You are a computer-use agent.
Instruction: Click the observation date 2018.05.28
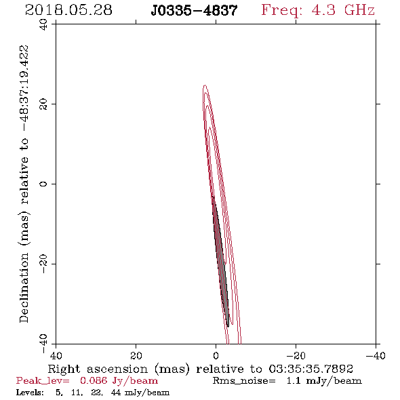click(x=68, y=10)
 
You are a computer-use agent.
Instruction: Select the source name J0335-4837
click(x=194, y=10)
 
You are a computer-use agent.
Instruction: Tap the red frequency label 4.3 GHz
click(x=318, y=10)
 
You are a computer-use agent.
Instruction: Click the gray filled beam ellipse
click(x=220, y=262)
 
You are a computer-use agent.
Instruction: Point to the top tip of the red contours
click(x=205, y=85)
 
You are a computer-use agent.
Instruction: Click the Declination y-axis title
click(x=24, y=184)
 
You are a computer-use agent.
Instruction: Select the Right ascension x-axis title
click(x=200, y=369)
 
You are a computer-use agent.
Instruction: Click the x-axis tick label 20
click(x=136, y=355)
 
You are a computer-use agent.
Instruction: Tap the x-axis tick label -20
click(x=296, y=355)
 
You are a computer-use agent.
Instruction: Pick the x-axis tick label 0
click(x=216, y=355)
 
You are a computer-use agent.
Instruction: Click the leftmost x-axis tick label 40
click(x=56, y=355)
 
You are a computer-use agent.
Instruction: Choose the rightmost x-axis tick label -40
click(x=376, y=355)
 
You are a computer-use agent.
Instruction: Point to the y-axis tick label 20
click(x=43, y=104)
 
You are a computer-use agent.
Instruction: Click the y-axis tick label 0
click(x=43, y=184)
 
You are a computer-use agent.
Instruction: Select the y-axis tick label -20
click(x=43, y=264)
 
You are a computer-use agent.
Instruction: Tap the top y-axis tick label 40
click(x=43, y=24)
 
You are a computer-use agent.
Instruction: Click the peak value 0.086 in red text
click(x=94, y=380)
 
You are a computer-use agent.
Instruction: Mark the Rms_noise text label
click(x=244, y=381)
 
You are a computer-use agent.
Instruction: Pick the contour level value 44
click(x=116, y=393)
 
